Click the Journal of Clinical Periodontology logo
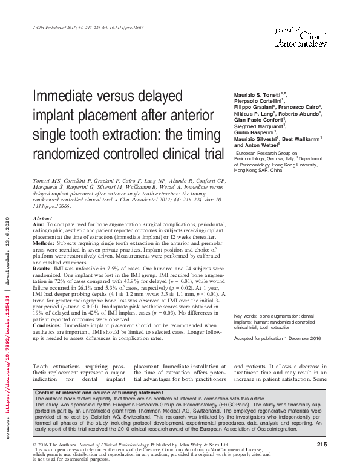[301, 34]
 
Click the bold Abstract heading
[42, 218]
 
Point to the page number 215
[321, 445]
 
